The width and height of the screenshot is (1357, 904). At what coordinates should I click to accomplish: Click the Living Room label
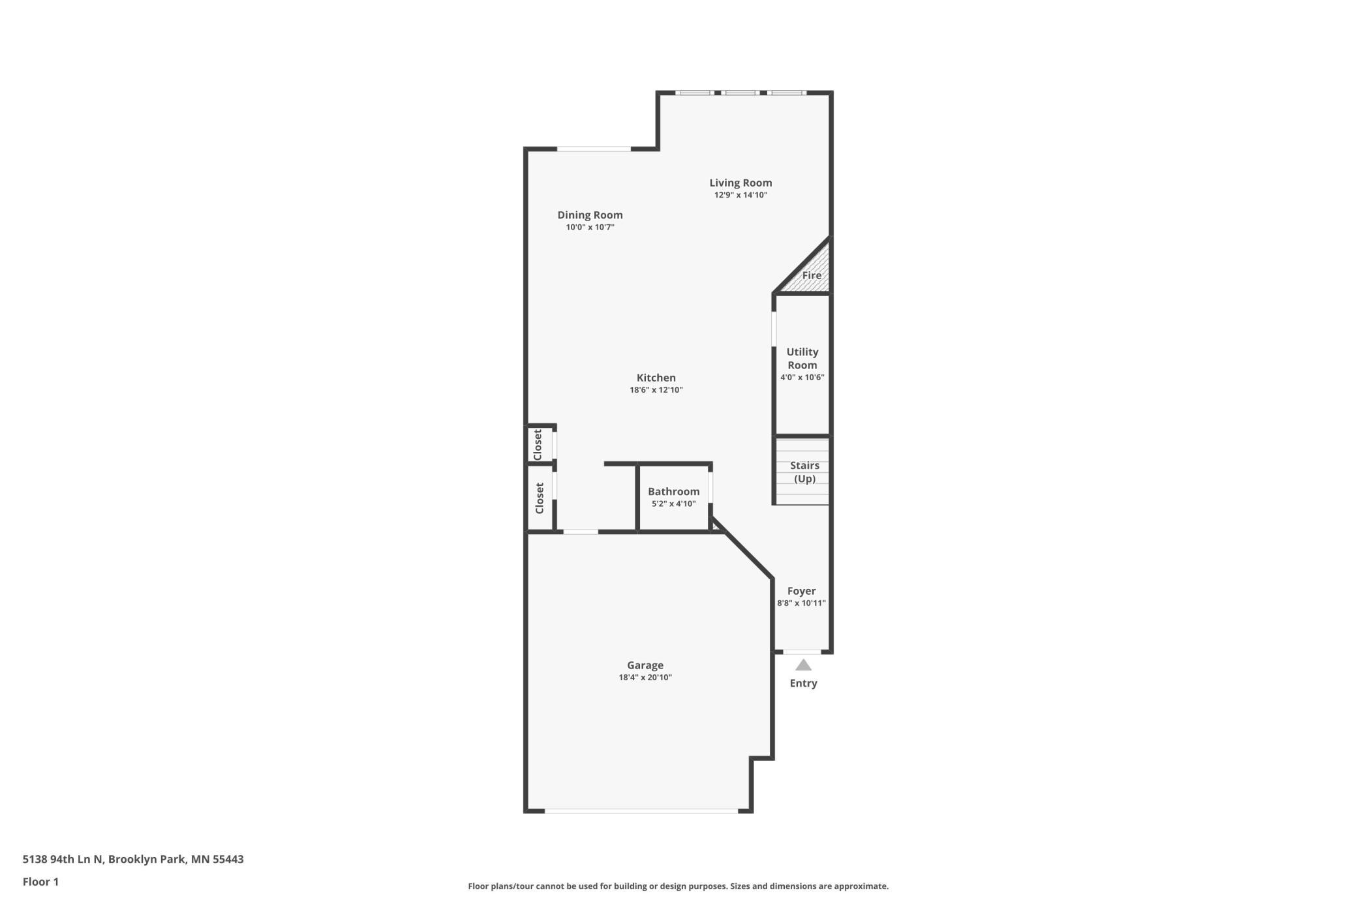pyautogui.click(x=740, y=183)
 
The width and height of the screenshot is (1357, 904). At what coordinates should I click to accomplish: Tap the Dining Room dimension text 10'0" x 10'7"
pyautogui.click(x=590, y=228)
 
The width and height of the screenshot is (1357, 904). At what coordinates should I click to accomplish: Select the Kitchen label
pyautogui.click(x=656, y=378)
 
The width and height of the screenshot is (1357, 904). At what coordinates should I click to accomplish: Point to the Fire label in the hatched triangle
pyautogui.click(x=812, y=275)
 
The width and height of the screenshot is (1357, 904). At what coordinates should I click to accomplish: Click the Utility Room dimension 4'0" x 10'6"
pyautogui.click(x=802, y=378)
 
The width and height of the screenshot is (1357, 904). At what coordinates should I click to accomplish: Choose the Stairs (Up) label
pyautogui.click(x=804, y=472)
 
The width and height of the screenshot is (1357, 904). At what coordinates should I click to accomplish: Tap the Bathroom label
pyautogui.click(x=674, y=492)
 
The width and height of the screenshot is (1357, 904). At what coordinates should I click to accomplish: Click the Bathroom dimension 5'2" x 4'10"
pyautogui.click(x=674, y=504)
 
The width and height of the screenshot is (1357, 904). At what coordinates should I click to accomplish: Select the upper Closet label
pyautogui.click(x=538, y=444)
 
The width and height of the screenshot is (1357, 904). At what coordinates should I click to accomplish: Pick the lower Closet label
pyautogui.click(x=540, y=498)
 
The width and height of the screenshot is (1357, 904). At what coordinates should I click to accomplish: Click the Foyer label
pyautogui.click(x=801, y=591)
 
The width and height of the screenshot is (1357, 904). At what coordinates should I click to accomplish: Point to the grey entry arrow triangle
pyautogui.click(x=803, y=665)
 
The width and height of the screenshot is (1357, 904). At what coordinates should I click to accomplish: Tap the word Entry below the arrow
pyautogui.click(x=803, y=684)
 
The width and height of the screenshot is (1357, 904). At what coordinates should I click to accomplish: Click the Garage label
pyautogui.click(x=645, y=665)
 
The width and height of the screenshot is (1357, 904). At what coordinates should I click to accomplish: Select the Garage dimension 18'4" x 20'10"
pyautogui.click(x=645, y=678)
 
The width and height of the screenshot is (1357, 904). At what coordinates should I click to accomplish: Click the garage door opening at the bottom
pyautogui.click(x=641, y=811)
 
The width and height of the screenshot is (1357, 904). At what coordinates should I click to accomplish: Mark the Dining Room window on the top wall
pyautogui.click(x=594, y=149)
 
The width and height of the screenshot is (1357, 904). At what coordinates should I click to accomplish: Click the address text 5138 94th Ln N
pyautogui.click(x=63, y=859)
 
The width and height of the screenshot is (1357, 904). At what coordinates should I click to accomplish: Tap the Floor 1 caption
pyautogui.click(x=40, y=882)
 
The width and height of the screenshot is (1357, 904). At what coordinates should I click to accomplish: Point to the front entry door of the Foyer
pyautogui.click(x=802, y=652)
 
